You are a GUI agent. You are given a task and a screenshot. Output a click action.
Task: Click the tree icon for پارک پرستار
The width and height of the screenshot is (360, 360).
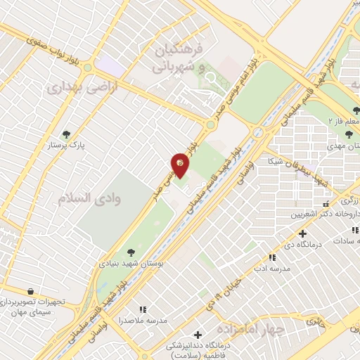pos(67,134)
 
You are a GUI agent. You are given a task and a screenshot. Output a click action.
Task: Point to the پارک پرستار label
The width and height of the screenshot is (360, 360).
pos(67,146)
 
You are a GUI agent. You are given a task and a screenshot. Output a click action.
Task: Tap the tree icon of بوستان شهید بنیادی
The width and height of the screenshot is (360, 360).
pos(131,251)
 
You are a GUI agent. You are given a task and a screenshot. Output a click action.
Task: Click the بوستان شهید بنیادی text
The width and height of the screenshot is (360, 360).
pos(131,263)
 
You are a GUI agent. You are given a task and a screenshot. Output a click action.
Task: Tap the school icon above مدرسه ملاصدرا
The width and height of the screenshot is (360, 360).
pos(143,309)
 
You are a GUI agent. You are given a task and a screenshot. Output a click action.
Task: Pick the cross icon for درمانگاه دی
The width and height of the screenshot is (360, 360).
pos(302,233)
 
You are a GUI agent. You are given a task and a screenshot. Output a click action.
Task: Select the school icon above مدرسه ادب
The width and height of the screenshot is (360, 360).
pos(272,258)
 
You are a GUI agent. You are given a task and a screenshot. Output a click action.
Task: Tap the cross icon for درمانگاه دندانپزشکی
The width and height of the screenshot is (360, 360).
pos(198,335)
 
